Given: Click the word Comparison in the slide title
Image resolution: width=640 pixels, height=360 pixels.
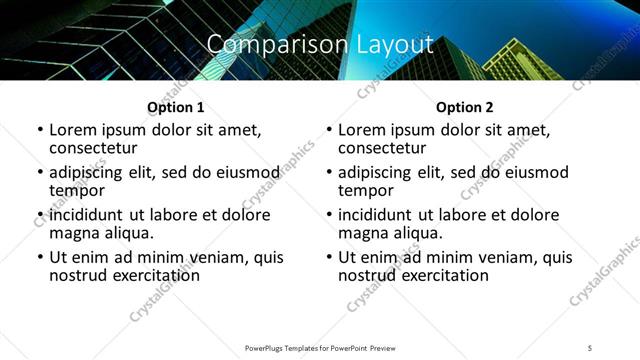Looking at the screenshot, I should pyautogui.click(x=269, y=45).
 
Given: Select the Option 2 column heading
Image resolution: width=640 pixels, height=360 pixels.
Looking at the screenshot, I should pyautogui.click(x=464, y=107).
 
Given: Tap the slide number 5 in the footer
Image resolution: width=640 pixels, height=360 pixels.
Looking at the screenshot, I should pyautogui.click(x=591, y=347).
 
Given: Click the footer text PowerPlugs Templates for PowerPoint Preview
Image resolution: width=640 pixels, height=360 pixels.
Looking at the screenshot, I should pyautogui.click(x=320, y=347).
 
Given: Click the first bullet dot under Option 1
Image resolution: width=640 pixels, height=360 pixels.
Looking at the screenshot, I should pyautogui.click(x=39, y=130).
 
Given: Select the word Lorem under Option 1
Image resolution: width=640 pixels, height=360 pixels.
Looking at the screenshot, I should pyautogui.click(x=73, y=130).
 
